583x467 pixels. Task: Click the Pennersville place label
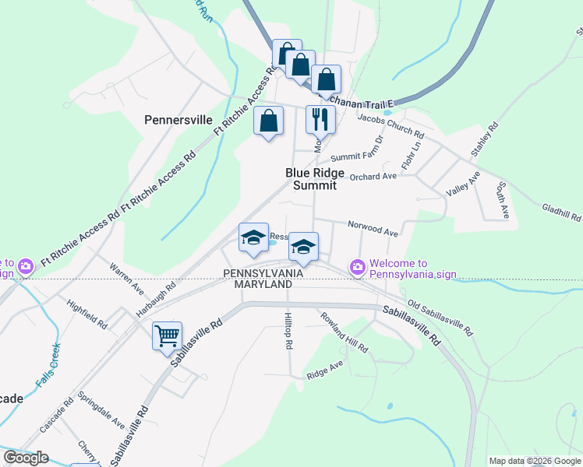click(x=178, y=120)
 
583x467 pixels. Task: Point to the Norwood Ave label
click(x=373, y=230)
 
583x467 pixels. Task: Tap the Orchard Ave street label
click(x=373, y=177)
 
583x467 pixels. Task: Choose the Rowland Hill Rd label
click(x=343, y=332)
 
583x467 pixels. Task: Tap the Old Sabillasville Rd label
click(x=440, y=318)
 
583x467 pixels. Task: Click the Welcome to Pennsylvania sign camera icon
click(x=358, y=267)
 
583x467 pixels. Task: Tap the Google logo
click(x=26, y=458)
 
